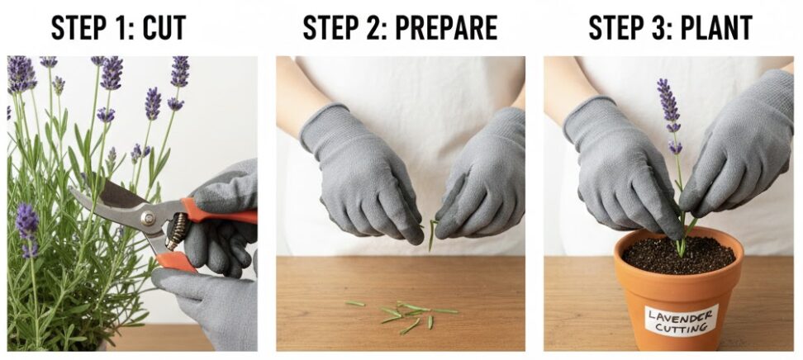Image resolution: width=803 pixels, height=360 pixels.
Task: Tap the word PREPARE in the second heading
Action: [447, 27]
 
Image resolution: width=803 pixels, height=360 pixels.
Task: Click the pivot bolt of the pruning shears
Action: [149, 219]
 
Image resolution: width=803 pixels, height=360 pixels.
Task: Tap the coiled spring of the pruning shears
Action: [176, 231]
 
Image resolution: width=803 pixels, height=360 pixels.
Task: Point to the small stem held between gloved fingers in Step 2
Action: [432, 234]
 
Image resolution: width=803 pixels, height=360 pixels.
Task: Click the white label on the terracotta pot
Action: [681, 320]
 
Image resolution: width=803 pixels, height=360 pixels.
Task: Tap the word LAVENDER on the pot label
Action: [681, 314]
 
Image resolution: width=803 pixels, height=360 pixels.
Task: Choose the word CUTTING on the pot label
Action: [681, 327]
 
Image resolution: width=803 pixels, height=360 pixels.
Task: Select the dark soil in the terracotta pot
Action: [678, 254]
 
